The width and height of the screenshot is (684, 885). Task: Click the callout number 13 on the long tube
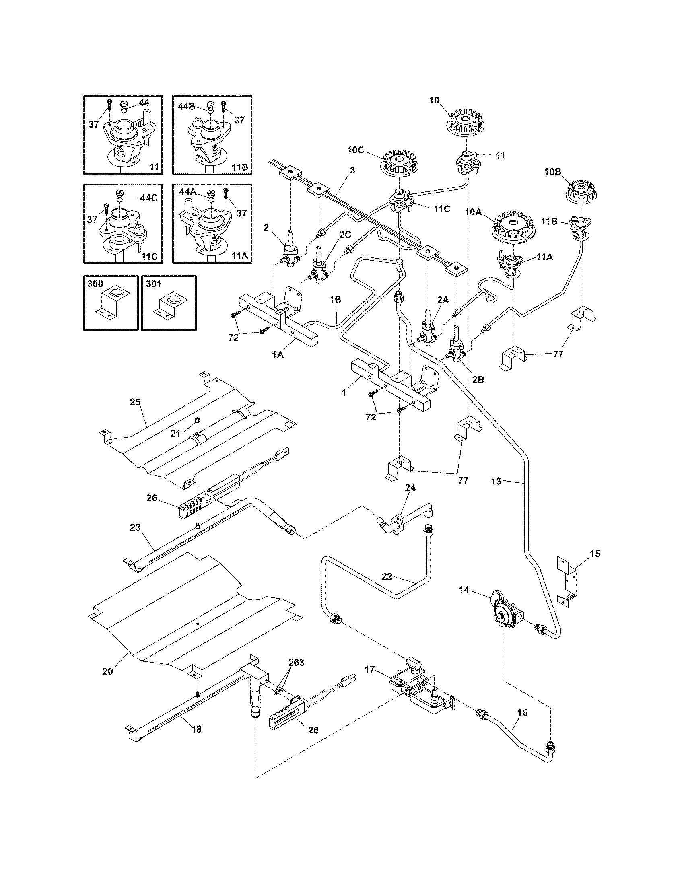tap(497, 482)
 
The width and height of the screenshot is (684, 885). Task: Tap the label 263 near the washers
tap(296, 663)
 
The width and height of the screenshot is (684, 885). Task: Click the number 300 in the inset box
tap(95, 284)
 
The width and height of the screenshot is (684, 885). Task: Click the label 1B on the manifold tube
tap(335, 299)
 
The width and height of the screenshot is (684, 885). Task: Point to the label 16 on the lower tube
tap(523, 712)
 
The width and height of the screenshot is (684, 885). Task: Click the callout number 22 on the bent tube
tap(387, 576)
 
